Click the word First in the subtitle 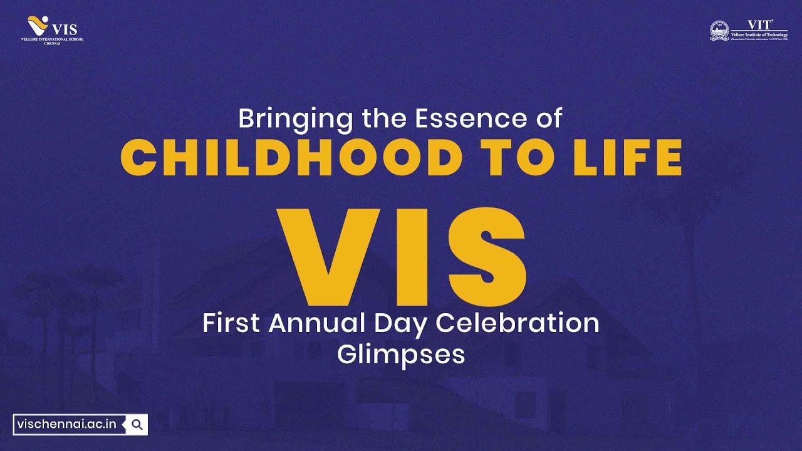coord(232,323)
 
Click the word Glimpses coord(401,355)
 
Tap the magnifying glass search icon coord(137,424)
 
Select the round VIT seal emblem coord(719,31)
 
